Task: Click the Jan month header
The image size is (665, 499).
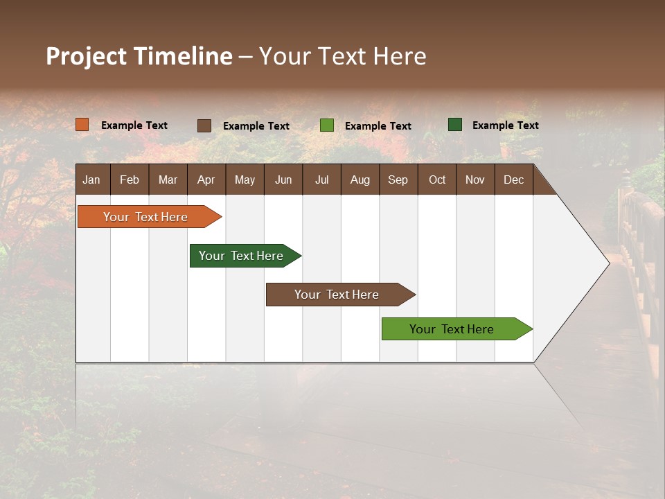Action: click(x=92, y=180)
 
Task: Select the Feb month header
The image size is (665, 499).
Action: click(x=130, y=180)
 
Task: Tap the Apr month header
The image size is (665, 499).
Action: click(x=206, y=180)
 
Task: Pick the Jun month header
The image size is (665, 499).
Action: click(x=283, y=180)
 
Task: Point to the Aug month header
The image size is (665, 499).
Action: click(x=360, y=180)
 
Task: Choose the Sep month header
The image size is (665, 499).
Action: click(x=398, y=180)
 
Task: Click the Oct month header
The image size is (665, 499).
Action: click(x=436, y=180)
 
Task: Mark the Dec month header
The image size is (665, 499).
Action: click(x=513, y=180)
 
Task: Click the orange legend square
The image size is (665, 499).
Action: click(x=82, y=125)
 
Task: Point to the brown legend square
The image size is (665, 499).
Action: click(x=204, y=125)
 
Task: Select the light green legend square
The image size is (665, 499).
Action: click(x=327, y=125)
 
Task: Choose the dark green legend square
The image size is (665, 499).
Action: click(x=455, y=125)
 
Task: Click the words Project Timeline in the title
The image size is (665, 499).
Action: click(x=139, y=56)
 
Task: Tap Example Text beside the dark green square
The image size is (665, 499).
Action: click(x=505, y=125)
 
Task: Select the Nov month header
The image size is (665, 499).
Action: click(x=475, y=180)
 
